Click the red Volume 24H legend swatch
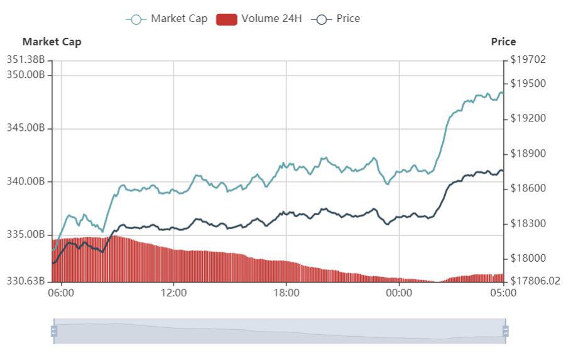pos(227,19)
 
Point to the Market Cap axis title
pos(52,42)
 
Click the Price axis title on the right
pos(503,42)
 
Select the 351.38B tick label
pos(26,60)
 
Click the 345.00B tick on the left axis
pos(26,128)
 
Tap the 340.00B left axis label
pos(26,182)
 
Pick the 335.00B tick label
pos(26,235)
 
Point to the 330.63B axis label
pos(26,281)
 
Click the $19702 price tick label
pos(528,60)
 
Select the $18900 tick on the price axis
pos(528,154)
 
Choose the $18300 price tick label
pos(528,223)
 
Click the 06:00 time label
pos(61,293)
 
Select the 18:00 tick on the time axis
pos(286,293)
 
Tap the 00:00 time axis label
pos(399,293)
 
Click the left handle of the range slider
pos(54,331)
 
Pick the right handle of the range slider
pos(505,331)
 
